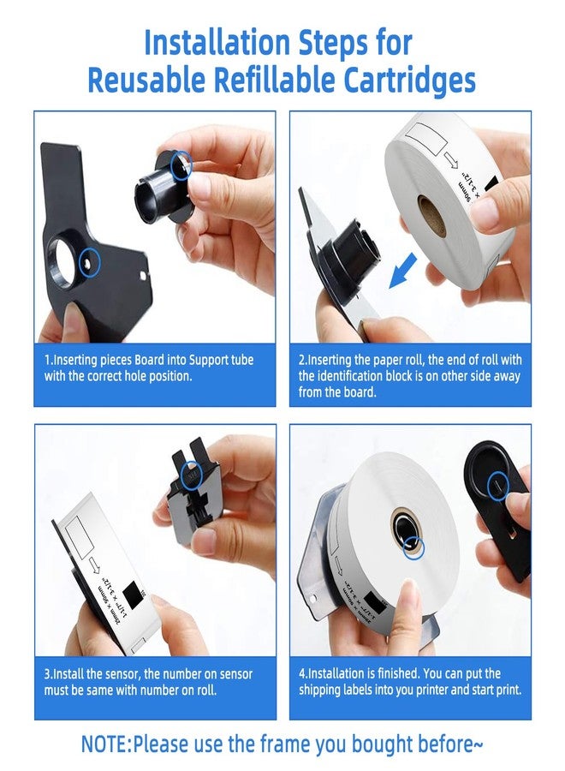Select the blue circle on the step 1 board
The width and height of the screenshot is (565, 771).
tap(89, 263)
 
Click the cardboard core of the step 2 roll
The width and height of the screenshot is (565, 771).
tap(432, 216)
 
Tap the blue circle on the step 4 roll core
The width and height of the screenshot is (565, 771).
tap(413, 547)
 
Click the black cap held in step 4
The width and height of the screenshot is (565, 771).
tap(497, 506)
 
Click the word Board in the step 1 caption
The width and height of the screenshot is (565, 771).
tap(149, 360)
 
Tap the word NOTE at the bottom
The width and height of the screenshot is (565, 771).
tap(105, 744)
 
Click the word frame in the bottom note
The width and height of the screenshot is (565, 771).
tap(285, 744)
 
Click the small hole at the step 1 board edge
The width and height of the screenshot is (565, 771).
tap(144, 275)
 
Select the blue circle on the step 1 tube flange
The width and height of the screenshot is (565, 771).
tap(181, 164)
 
